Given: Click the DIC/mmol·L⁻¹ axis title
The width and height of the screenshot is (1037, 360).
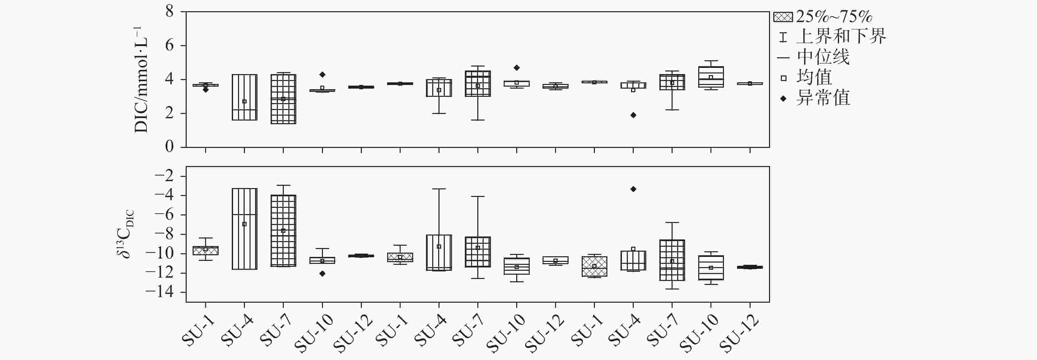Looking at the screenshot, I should (x=141, y=79).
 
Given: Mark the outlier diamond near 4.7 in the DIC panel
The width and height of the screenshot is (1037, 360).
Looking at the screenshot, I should (x=517, y=68).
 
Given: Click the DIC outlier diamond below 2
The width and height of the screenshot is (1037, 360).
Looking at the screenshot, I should (x=633, y=115).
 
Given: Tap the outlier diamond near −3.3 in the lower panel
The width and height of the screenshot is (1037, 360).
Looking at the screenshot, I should (x=633, y=189).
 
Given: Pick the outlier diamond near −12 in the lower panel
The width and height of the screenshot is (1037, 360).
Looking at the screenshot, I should (x=322, y=273).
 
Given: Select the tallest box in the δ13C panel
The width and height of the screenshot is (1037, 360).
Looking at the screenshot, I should (x=244, y=229).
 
